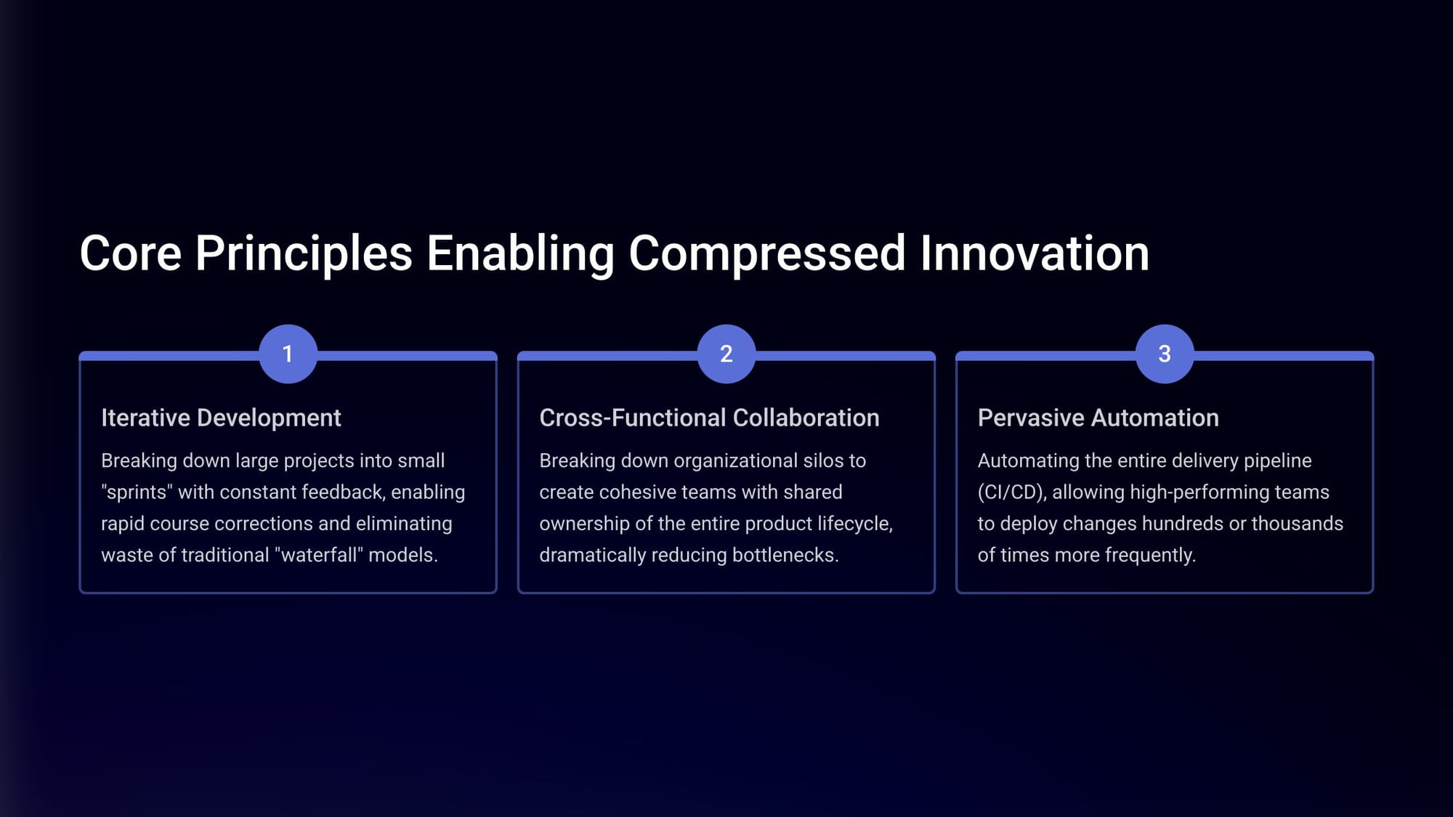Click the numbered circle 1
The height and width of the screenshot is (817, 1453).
pos(288,354)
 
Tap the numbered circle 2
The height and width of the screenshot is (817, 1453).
pos(726,354)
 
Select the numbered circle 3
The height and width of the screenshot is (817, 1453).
pos(1165,354)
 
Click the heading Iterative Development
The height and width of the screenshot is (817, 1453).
pos(221,418)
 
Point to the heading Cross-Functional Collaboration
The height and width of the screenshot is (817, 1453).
pos(709,418)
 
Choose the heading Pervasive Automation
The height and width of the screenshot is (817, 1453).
pos(1098,418)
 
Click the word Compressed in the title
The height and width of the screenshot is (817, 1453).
pos(766,253)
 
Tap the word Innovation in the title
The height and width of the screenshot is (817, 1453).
pos(1035,253)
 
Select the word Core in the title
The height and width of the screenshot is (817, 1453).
pos(130,253)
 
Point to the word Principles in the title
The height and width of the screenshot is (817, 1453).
pos(304,253)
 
